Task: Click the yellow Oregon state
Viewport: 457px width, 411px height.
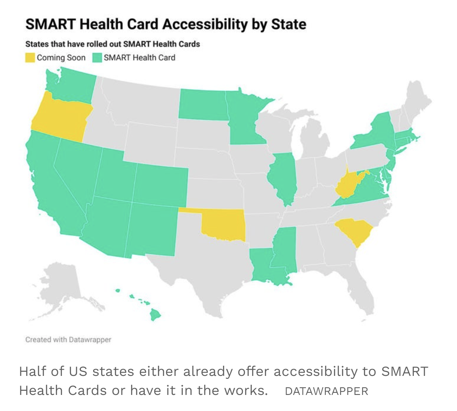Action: [59, 116]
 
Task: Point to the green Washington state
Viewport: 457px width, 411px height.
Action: [70, 85]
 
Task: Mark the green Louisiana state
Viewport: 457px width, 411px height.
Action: [262, 266]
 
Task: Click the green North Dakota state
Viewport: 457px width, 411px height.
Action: [202, 104]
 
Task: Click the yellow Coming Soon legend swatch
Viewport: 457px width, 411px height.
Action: [30, 58]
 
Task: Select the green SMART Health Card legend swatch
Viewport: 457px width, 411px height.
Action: [96, 58]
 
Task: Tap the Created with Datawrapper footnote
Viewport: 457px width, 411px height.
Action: [68, 340]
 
